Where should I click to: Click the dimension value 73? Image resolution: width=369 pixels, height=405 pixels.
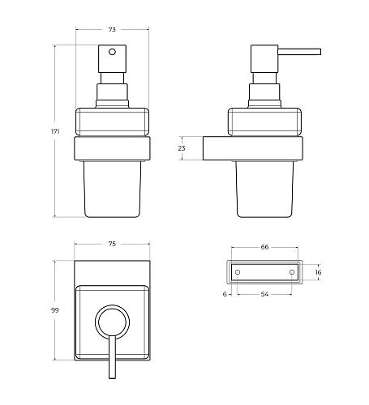pos(112,29)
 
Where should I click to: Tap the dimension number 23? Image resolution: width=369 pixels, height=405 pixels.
pos(182,148)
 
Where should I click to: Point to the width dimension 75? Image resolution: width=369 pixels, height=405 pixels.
pos(113,244)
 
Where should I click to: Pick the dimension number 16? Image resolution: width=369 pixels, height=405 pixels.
pos(317,274)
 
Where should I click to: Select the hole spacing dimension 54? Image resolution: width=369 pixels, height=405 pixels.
pos(264,296)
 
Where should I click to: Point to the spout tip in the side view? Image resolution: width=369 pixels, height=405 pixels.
pos(318,53)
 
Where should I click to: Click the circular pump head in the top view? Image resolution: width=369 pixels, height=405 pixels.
pos(113,322)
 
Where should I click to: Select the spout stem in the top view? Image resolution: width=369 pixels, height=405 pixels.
pos(113,360)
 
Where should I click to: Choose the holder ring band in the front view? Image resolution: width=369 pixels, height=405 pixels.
pos(113,148)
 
